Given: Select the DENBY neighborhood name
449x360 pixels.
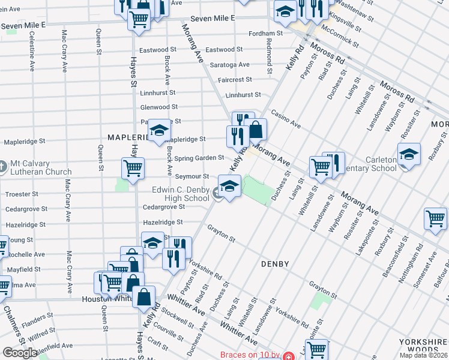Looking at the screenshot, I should click(x=276, y=264).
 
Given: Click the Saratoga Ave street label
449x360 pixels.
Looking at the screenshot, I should click(x=227, y=64).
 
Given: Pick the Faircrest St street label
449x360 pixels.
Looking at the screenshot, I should click(x=235, y=79).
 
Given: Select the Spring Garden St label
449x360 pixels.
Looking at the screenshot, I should click(x=199, y=158).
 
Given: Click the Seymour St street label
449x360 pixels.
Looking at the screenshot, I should click(x=191, y=176).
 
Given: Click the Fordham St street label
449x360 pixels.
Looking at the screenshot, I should click(x=266, y=33).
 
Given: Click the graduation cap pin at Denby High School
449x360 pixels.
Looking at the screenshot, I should click(x=229, y=186).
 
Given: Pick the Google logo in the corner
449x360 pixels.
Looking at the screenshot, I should click(x=20, y=353).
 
